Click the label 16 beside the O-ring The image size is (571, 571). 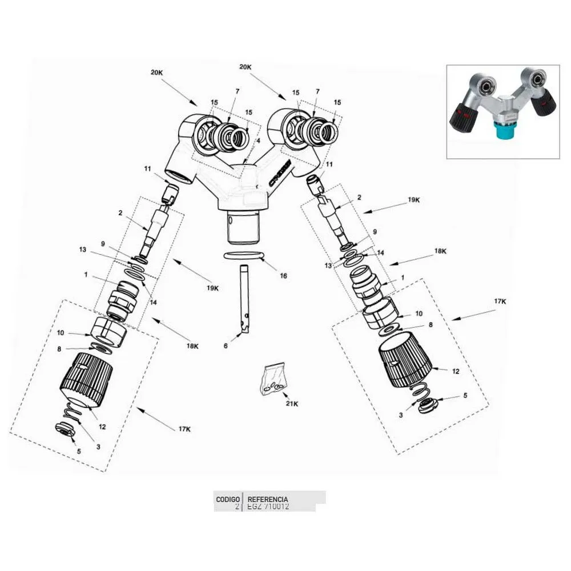[283, 276]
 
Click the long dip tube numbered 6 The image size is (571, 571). [244, 297]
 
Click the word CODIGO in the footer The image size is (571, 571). [227, 498]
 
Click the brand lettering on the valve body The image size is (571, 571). [279, 174]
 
